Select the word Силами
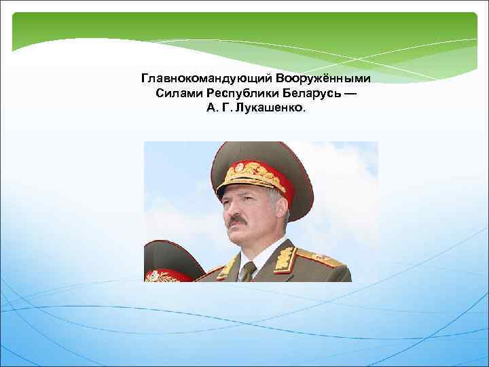(x=175, y=93)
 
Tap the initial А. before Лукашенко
(x=212, y=107)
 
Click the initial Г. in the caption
(x=228, y=107)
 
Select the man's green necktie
(x=249, y=270)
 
